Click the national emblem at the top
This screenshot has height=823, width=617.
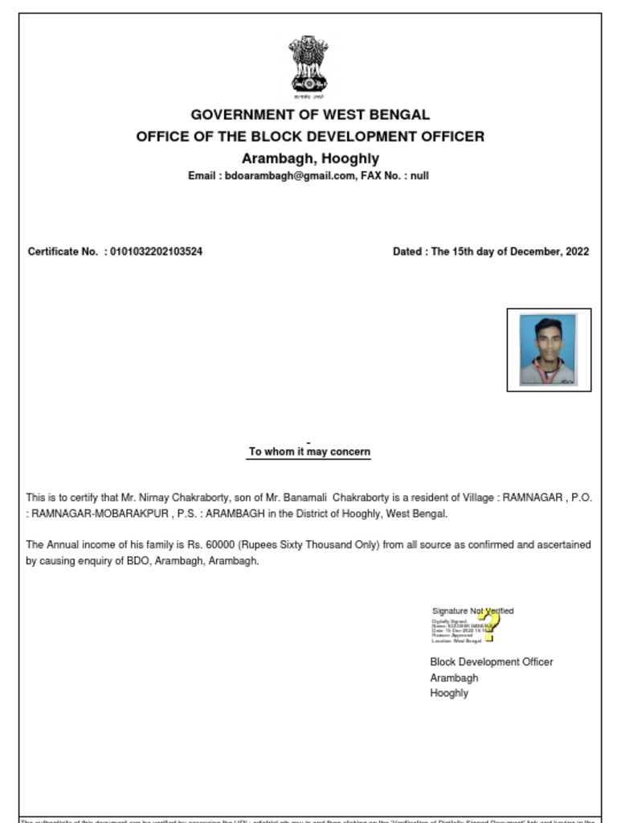coord(309,66)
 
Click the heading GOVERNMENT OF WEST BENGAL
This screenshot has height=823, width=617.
coord(310,115)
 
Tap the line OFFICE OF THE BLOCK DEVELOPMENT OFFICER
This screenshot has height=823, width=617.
coord(310,137)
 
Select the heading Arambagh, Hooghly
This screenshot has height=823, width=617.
coord(310,158)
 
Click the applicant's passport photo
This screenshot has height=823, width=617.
coord(548,350)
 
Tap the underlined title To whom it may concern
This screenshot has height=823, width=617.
coord(309,452)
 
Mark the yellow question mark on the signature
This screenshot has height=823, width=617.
coord(488,625)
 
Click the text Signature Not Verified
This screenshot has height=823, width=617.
coord(472,611)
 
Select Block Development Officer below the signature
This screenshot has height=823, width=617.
coord(491,662)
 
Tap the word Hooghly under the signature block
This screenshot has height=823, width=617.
coord(449,693)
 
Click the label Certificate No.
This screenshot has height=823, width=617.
coord(63,252)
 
